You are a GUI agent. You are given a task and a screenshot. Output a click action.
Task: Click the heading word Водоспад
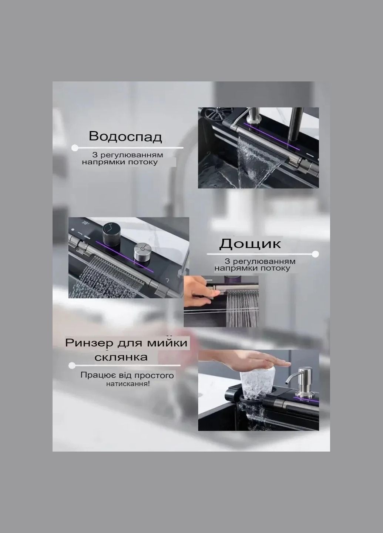125,137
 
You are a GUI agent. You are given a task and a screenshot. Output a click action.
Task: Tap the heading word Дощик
250,243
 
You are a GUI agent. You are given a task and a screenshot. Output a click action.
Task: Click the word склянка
121,357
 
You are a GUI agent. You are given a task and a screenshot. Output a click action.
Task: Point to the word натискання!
128,384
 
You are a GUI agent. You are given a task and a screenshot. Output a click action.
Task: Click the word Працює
94,375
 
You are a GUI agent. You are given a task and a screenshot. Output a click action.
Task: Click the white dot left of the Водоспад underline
75,148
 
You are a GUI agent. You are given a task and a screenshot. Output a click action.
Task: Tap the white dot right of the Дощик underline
315,254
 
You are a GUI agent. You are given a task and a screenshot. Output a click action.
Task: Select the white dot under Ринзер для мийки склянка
72,365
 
